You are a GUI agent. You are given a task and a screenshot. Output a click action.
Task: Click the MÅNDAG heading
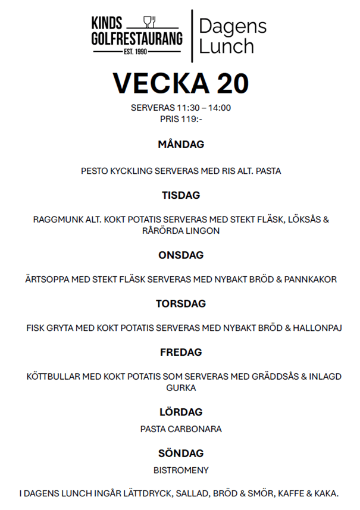pos(181,145)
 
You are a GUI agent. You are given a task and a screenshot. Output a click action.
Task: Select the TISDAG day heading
pos(181,195)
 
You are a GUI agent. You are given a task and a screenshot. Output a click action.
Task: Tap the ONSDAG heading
pos(181,255)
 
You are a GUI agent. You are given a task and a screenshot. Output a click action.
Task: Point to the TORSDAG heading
pos(181,304)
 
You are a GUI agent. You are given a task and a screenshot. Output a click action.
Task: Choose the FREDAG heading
pos(181,352)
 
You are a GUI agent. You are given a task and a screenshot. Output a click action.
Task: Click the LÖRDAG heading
pos(181,412)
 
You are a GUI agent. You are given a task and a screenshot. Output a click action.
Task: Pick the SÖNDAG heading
pos(181,453)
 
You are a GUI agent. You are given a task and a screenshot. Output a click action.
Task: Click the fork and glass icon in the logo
pos(149,23)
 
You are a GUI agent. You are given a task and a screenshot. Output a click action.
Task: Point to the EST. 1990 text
pos(136,52)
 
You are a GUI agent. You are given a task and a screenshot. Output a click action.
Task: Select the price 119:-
pos(190,118)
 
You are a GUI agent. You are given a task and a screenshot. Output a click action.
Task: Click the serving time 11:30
pos(189,108)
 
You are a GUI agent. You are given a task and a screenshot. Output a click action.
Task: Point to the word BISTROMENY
pos(181,470)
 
